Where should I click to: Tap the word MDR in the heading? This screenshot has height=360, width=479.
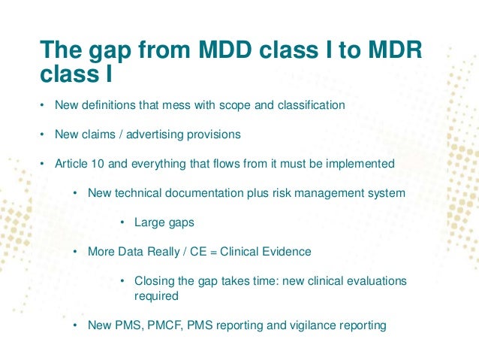[x=396, y=51]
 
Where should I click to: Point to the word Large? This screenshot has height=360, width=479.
[x=149, y=222]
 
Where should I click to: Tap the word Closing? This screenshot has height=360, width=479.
[x=154, y=281]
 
